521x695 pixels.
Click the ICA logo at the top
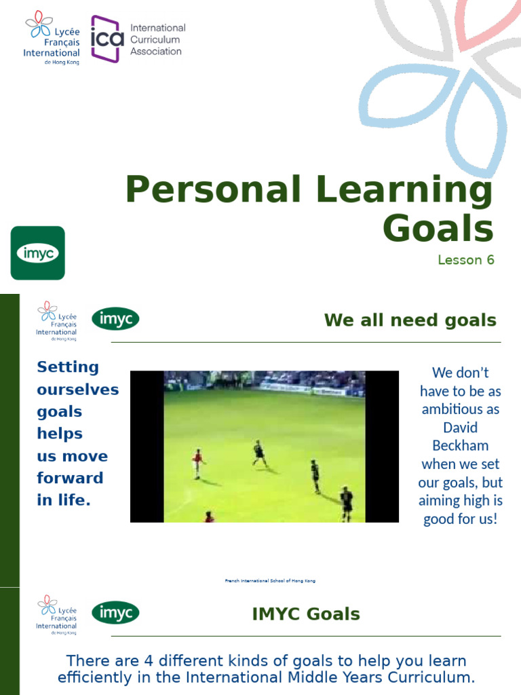click(107, 39)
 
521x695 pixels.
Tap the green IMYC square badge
click(38, 253)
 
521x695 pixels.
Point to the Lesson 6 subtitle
click(465, 260)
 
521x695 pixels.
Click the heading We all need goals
click(410, 320)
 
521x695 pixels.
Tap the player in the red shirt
click(197, 463)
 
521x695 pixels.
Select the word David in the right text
click(460, 428)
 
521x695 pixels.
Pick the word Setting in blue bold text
click(68, 367)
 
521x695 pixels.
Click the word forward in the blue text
click(70, 478)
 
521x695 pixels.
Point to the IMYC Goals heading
click(306, 615)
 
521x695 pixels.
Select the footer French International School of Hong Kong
click(270, 581)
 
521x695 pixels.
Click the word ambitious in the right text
click(460, 409)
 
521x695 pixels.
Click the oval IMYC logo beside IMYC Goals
click(115, 613)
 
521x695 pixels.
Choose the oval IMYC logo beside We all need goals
click(115, 319)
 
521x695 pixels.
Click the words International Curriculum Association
click(157, 39)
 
